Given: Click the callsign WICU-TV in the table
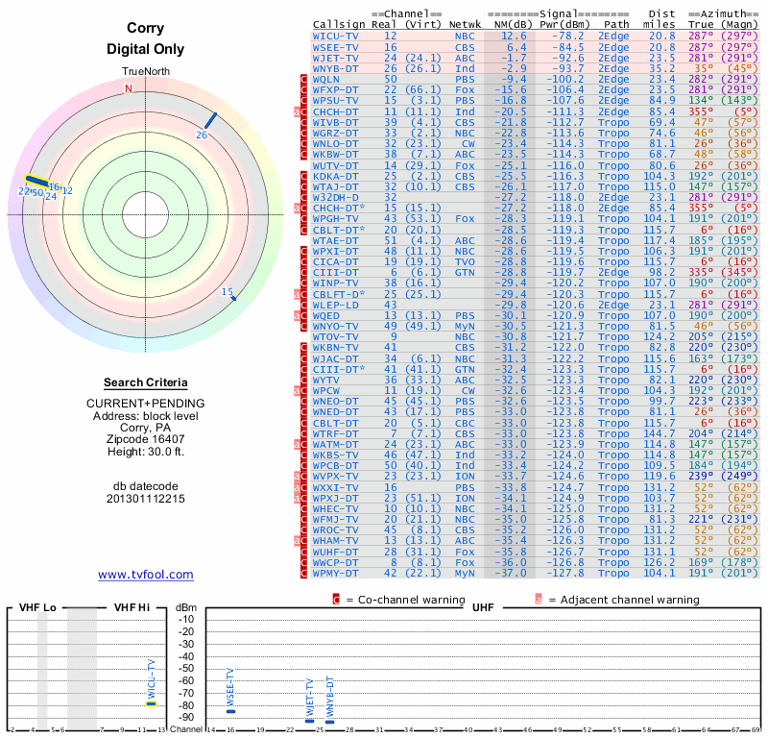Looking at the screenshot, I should tap(335, 36).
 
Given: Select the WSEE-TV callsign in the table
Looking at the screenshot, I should tap(335, 46).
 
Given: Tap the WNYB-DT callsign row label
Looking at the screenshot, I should tap(335, 68).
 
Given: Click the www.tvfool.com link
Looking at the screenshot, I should tap(146, 575).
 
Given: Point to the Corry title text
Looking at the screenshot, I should tap(145, 29).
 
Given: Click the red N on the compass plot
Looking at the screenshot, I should tap(128, 88).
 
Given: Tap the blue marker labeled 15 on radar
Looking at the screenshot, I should tap(230, 295).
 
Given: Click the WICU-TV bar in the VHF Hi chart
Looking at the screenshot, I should tap(151, 703).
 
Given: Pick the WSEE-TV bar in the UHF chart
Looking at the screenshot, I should tap(230, 710).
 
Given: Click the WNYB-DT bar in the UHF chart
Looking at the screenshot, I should tap(329, 720).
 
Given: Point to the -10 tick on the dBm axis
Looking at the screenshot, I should tap(185, 619).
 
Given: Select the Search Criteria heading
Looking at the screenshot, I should tap(145, 382).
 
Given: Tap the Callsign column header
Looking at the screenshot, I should tap(337, 24).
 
